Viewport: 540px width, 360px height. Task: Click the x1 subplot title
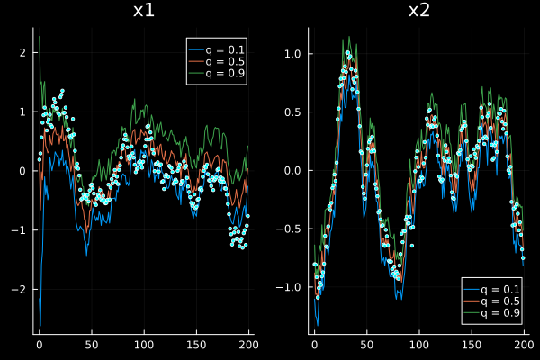[144, 11]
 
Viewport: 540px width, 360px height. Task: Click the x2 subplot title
[419, 11]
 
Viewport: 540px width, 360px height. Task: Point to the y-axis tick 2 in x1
[22, 53]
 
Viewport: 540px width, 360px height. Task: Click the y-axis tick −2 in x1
[19, 290]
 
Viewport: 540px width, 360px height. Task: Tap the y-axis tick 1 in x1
[22, 112]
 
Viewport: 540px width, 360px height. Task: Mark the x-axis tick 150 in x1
[196, 345]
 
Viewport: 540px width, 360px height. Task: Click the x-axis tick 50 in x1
[92, 345]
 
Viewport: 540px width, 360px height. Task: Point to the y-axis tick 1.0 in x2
[292, 54]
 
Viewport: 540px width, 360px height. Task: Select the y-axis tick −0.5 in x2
[289, 229]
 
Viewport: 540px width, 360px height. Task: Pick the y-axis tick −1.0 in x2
[289, 287]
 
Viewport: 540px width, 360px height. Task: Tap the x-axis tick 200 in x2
[524, 345]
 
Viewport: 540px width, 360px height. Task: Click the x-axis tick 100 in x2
[419, 345]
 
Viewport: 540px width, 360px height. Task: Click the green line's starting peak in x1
[40, 37]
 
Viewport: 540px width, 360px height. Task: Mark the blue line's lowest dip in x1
[40, 325]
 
